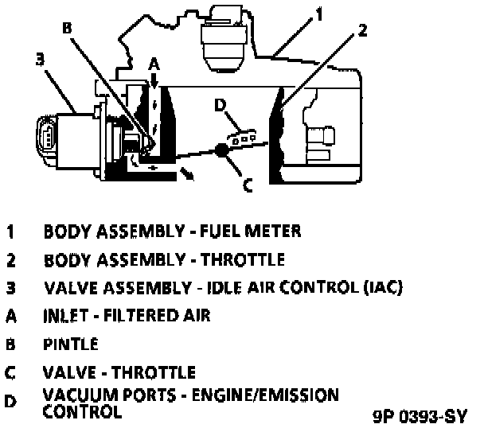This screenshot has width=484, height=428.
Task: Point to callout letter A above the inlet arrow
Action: (x=154, y=63)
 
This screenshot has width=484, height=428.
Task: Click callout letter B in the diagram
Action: (x=67, y=27)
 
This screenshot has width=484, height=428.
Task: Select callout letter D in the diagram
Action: (x=221, y=104)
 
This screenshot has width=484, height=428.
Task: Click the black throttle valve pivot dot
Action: (x=223, y=149)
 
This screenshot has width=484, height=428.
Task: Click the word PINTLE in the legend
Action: (x=71, y=344)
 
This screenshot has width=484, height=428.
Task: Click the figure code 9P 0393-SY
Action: (x=419, y=415)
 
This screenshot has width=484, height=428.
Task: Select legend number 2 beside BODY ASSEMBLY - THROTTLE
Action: (x=11, y=259)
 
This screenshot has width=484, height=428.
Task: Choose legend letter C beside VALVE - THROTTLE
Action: (x=11, y=372)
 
